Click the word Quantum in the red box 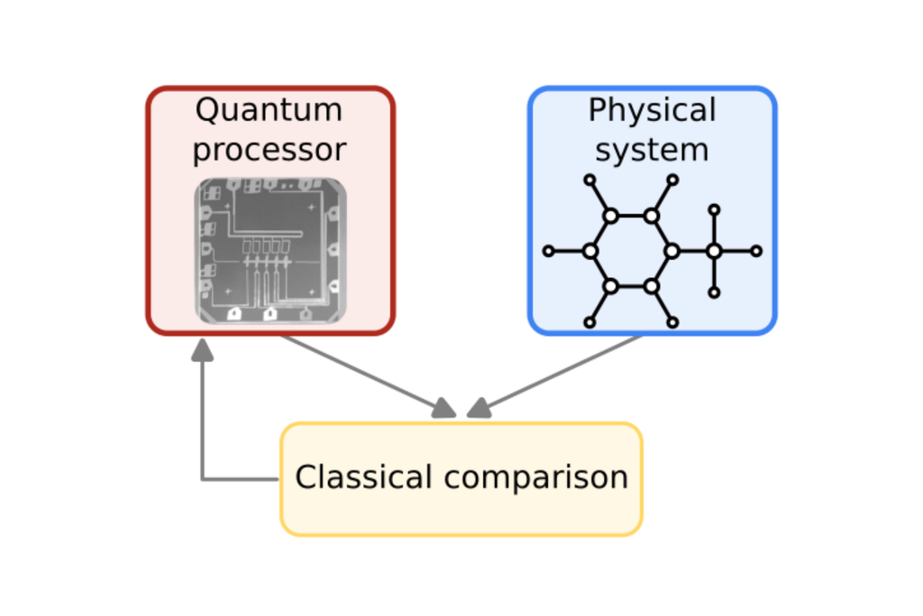pyautogui.click(x=269, y=111)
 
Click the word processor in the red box pyautogui.click(x=269, y=150)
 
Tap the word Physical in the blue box pyautogui.click(x=652, y=111)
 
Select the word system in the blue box pyautogui.click(x=652, y=150)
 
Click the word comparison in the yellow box pyautogui.click(x=537, y=477)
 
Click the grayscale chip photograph pyautogui.click(x=270, y=250)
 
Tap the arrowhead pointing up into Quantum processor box pyautogui.click(x=203, y=349)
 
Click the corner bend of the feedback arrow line pyautogui.click(x=203, y=478)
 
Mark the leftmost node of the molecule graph pyautogui.click(x=548, y=252)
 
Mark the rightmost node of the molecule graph pyautogui.click(x=756, y=252)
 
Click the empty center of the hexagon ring pyautogui.click(x=631, y=252)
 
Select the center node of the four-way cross pyautogui.click(x=714, y=252)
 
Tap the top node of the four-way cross pyautogui.click(x=714, y=210)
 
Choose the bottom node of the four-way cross pyautogui.click(x=714, y=292)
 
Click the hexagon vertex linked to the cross pyautogui.click(x=672, y=252)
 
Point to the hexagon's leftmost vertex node pyautogui.click(x=589, y=252)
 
